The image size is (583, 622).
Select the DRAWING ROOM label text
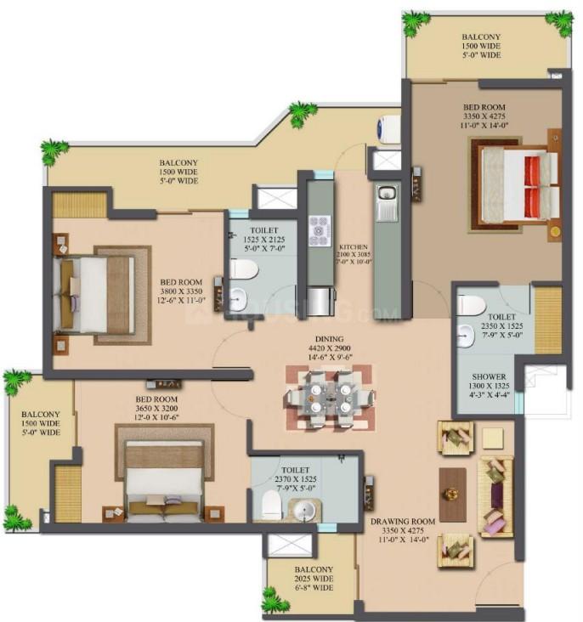coord(403,521)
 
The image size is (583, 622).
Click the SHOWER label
coord(490,376)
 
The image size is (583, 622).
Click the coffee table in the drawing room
coord(452,495)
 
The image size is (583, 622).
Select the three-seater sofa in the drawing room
coord(496,496)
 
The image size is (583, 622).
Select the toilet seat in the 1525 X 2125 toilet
coord(245,269)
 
